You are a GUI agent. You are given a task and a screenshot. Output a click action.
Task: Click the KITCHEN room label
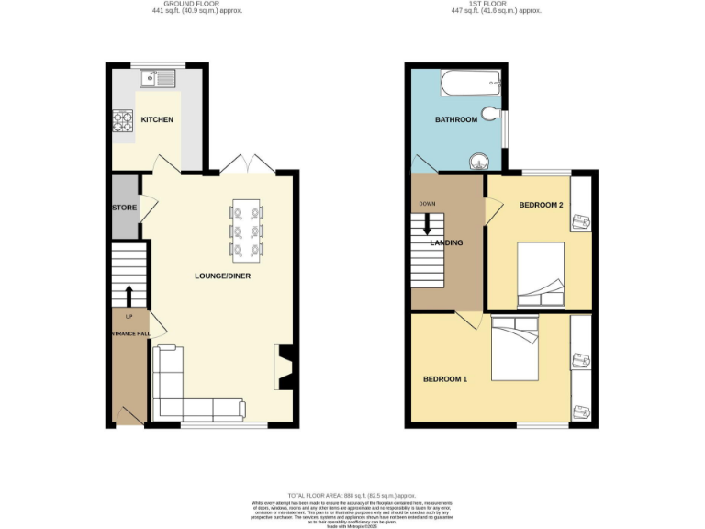[156, 120]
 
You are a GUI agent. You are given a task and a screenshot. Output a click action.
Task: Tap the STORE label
[125, 208]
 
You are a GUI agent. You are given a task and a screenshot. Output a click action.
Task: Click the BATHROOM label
[456, 120]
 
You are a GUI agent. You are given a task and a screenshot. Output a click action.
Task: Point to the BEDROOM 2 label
[540, 205]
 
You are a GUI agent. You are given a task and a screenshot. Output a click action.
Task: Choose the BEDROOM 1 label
[445, 379]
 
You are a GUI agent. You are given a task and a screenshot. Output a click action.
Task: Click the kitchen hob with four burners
[123, 120]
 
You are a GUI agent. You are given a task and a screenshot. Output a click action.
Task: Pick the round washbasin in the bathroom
[478, 163]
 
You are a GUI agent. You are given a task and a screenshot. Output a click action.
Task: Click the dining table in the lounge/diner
[246, 229]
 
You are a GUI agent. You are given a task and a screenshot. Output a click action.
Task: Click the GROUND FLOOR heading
[176, 4]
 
